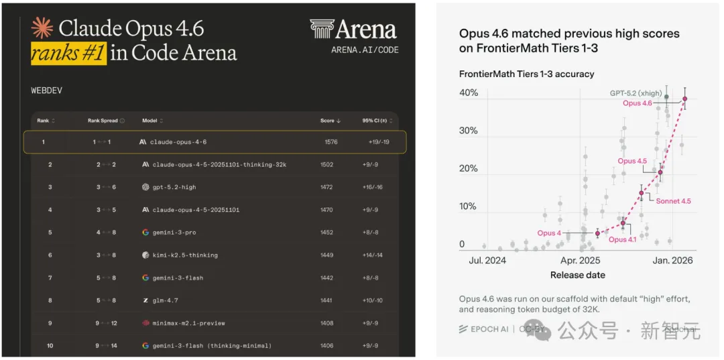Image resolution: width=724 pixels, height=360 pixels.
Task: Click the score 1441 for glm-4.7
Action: (x=326, y=300)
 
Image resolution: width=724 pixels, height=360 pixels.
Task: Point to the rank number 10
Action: (x=50, y=345)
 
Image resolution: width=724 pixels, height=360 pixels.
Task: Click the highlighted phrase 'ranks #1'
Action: (x=68, y=53)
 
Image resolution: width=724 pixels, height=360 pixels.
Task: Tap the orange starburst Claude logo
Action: (x=42, y=28)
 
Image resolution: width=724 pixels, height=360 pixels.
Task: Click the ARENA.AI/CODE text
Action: (x=365, y=50)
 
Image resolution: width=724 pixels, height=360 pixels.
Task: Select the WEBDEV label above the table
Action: (x=46, y=89)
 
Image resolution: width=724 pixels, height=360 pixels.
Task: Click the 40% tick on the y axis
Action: (x=469, y=93)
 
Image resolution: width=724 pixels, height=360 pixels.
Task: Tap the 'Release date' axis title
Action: (x=577, y=275)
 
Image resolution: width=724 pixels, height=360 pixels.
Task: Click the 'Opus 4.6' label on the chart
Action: (x=637, y=103)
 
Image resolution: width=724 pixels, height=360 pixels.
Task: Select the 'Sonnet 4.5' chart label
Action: (x=673, y=200)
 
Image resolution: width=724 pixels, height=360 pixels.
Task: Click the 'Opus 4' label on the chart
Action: (x=549, y=233)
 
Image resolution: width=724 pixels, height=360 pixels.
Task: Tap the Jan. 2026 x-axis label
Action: (x=672, y=260)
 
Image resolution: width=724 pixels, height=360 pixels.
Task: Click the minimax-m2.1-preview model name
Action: (x=185, y=323)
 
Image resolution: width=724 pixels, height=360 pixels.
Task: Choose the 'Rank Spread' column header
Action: (x=103, y=121)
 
